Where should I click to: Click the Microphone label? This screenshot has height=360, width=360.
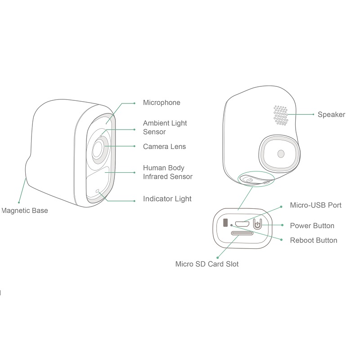click(x=162, y=103)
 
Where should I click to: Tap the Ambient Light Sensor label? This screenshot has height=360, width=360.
click(x=165, y=127)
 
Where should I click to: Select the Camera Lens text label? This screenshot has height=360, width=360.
click(x=164, y=147)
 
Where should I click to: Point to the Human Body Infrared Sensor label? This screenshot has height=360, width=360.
click(x=167, y=172)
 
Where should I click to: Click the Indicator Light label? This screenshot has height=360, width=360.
click(x=167, y=199)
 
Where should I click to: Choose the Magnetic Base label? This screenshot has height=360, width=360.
click(x=24, y=211)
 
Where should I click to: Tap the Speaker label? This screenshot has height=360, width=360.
click(x=331, y=115)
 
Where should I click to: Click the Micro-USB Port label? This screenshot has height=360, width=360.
click(x=315, y=206)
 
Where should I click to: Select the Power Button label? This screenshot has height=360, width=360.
click(x=312, y=226)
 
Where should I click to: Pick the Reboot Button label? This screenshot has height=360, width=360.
click(x=313, y=240)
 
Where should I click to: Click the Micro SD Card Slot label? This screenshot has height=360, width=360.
click(x=207, y=264)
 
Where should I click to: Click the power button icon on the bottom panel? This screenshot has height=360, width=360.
click(x=257, y=224)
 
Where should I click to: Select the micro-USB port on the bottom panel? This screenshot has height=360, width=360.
click(x=242, y=224)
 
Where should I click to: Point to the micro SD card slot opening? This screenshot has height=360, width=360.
click(x=242, y=233)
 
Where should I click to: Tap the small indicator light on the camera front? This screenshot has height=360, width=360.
click(x=97, y=191)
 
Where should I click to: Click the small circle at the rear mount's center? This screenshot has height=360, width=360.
click(x=281, y=153)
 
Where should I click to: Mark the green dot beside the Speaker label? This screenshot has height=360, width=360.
click(x=314, y=115)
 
